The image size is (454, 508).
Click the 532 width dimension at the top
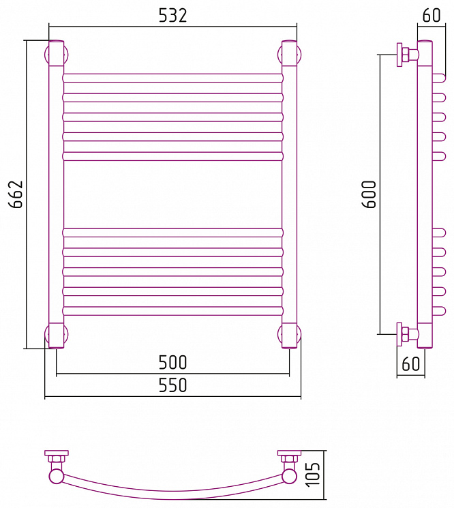point(172,16)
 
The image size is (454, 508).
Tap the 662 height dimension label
point(16,194)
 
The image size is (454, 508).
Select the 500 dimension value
point(172,363)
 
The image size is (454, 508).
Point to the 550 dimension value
point(172,385)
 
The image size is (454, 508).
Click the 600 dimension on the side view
point(369,194)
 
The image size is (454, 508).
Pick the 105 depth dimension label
point(313,475)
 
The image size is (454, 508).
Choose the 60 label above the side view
point(432,15)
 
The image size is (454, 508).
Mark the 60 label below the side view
point(410,364)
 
